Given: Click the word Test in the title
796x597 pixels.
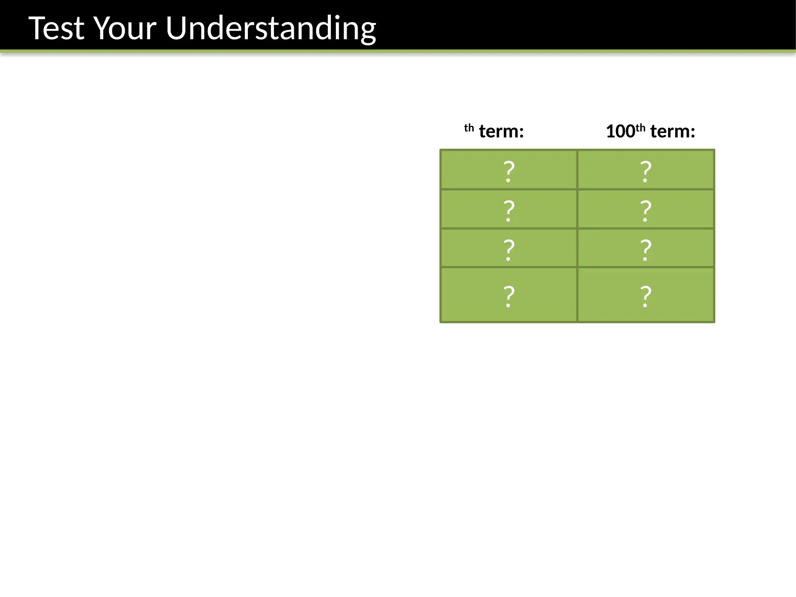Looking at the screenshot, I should (56, 28).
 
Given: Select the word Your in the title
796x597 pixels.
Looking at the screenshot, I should (125, 28).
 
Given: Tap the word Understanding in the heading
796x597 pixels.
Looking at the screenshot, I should (271, 28).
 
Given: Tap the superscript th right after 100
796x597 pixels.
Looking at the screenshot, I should (640, 127).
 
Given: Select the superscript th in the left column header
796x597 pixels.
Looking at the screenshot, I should (469, 128).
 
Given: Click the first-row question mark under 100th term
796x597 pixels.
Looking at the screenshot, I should (646, 171).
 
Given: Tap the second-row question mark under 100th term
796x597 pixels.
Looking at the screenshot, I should (646, 210).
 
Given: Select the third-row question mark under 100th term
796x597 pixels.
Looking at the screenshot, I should (646, 249).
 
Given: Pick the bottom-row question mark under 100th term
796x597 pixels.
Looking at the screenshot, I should (646, 296).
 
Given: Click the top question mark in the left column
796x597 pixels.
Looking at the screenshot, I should (509, 171).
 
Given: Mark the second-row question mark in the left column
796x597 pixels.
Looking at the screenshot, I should (509, 210).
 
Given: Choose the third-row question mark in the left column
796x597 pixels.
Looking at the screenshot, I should (509, 249).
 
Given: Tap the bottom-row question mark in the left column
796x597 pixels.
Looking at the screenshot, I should (509, 296).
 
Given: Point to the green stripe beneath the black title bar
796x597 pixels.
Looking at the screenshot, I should (398, 51).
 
